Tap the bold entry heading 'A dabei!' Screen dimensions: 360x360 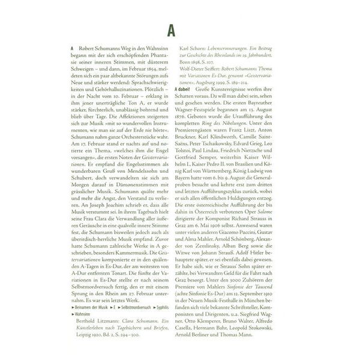point(184,89)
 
